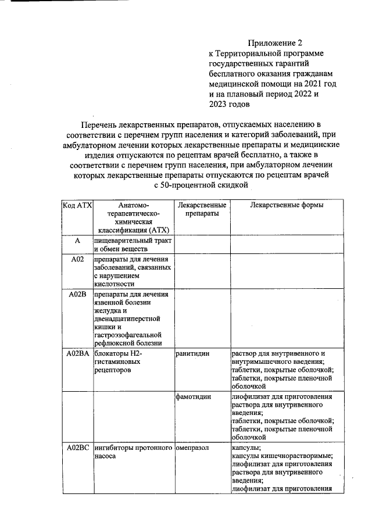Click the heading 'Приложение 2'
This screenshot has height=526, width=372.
(276, 43)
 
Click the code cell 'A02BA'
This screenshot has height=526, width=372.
(77, 353)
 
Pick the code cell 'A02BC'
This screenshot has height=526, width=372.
(77, 448)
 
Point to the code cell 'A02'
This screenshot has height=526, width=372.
(77, 259)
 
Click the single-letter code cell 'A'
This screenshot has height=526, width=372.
(77, 240)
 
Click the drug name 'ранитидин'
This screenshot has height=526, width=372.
(192, 353)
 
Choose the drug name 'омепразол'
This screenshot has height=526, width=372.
(192, 448)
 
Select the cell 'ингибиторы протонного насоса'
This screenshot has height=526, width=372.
(133, 452)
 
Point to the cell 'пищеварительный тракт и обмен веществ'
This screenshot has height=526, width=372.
(133, 244)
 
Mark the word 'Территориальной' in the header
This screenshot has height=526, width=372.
(248, 53)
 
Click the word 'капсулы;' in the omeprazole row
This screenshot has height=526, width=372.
(246, 448)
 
